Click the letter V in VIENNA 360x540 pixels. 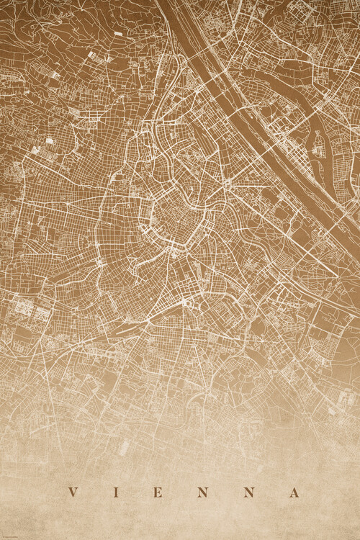click(x=72, y=493)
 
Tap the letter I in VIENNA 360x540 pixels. click(x=115, y=493)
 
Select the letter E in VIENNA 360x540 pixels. click(x=158, y=493)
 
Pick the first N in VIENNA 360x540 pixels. click(x=203, y=493)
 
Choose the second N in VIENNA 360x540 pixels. click(x=248, y=493)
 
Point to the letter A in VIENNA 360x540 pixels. click(x=294, y=493)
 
